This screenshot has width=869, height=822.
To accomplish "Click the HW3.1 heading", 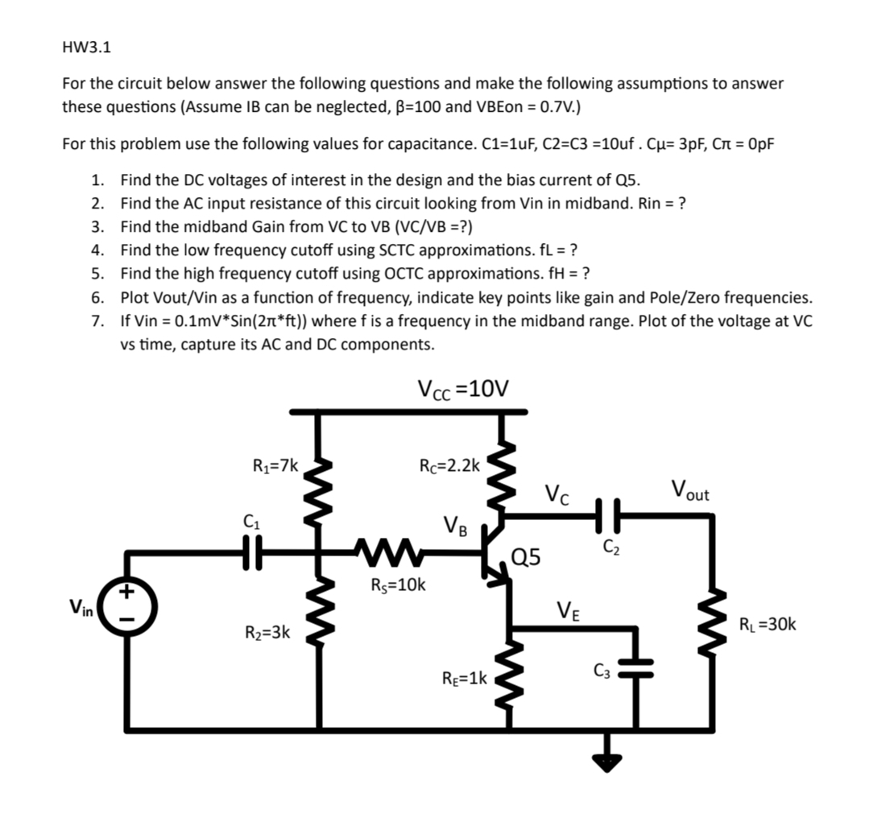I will tap(86, 47).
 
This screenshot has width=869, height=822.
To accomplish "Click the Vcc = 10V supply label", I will tap(463, 389).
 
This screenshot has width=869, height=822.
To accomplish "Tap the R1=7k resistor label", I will tap(276, 465).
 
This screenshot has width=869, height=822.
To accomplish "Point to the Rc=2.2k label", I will tap(449, 465).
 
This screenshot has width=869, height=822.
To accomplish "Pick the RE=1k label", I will tap(465, 678).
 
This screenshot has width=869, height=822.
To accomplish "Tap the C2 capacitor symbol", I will tap(609, 512).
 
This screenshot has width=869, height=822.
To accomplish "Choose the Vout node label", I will tap(690, 489).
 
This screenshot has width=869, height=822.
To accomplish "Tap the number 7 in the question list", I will tap(97, 320).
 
